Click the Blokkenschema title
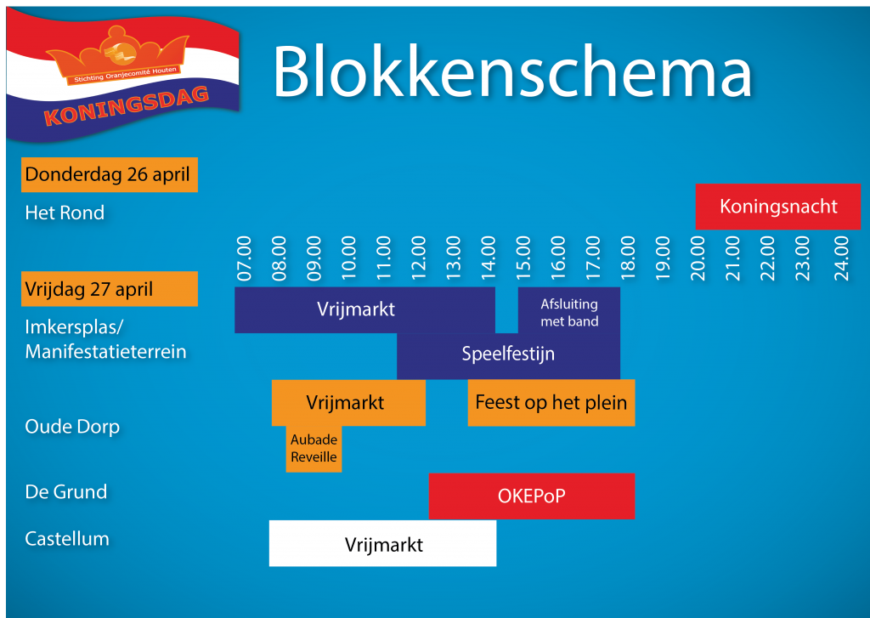(x=511, y=72)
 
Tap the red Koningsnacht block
(x=778, y=207)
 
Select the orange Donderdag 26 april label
(x=110, y=175)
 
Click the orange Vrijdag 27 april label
(x=110, y=289)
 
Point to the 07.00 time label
(x=244, y=258)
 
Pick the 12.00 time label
(x=418, y=258)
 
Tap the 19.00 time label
(x=663, y=258)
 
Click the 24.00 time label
(x=841, y=258)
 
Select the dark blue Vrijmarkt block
(x=364, y=309)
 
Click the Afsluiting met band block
(x=568, y=309)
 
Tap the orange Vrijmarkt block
(x=348, y=403)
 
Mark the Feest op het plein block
(x=551, y=403)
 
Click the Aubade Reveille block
(x=314, y=449)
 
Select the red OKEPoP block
(x=532, y=496)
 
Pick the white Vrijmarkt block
(x=383, y=543)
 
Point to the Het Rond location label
(x=65, y=213)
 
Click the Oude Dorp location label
(x=73, y=427)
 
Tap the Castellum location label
(x=67, y=539)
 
